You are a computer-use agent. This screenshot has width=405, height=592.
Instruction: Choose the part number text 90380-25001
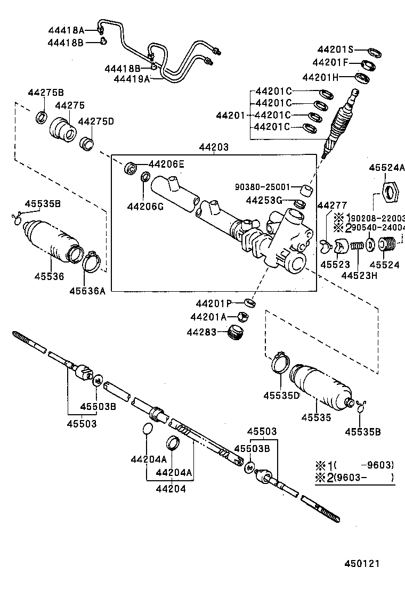click(263, 187)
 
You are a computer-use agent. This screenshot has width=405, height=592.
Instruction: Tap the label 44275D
click(96, 121)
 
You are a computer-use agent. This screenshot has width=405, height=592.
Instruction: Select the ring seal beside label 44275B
click(42, 117)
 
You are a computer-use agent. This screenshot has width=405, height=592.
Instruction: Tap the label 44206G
click(145, 207)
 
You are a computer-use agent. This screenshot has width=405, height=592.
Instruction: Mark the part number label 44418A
click(66, 30)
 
